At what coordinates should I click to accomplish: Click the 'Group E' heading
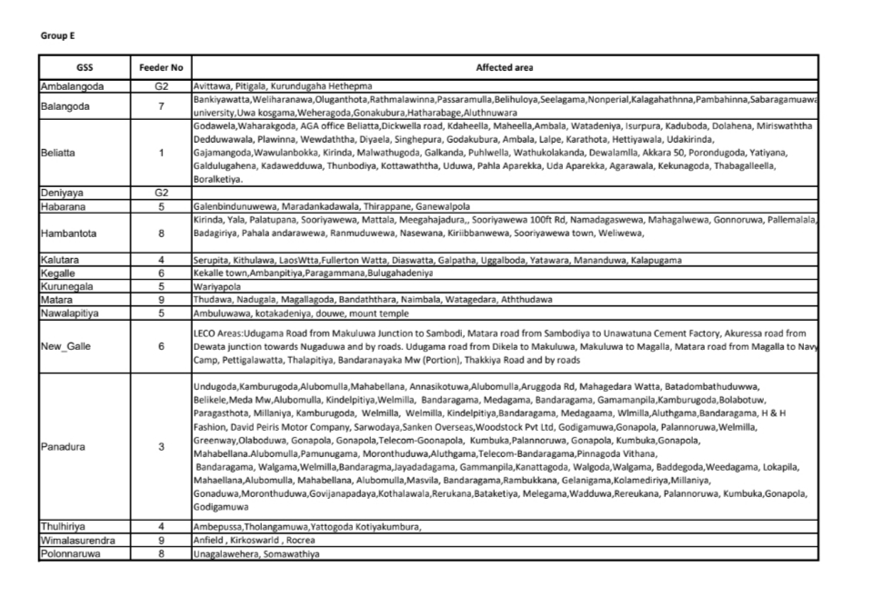pyautogui.click(x=57, y=35)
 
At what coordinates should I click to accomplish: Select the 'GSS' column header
pyautogui.click(x=85, y=67)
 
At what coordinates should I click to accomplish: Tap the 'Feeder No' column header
pyautogui.click(x=161, y=67)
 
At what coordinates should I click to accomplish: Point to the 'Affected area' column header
pyautogui.click(x=505, y=67)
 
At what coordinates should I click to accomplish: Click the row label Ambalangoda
pyautogui.click(x=74, y=86)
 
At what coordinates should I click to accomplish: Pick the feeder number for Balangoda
pyautogui.click(x=161, y=106)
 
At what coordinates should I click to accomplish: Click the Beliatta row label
pyautogui.click(x=60, y=153)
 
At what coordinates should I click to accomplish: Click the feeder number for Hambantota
pyautogui.click(x=161, y=234)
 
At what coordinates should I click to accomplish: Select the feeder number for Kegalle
pyautogui.click(x=161, y=272)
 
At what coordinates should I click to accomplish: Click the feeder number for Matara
pyautogui.click(x=161, y=298)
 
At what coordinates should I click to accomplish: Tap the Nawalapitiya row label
pyautogui.click(x=75, y=312)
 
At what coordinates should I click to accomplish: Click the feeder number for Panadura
pyautogui.click(x=161, y=446)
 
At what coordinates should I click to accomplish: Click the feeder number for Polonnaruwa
pyautogui.click(x=161, y=552)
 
